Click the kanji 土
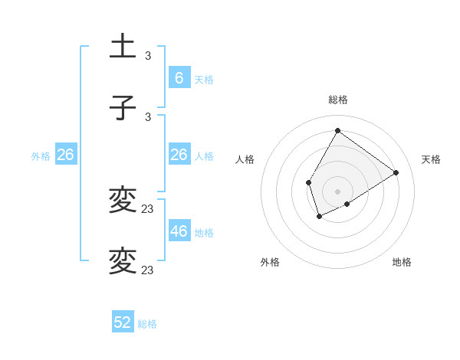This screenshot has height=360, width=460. (x=123, y=47)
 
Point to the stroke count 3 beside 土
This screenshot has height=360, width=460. (x=148, y=56)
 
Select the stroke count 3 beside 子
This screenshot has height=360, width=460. (x=148, y=116)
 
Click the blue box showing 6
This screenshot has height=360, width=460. (x=179, y=77)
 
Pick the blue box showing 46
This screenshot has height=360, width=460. (x=179, y=231)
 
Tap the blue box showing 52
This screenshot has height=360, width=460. (x=123, y=322)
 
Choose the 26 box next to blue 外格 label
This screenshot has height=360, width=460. (x=65, y=155)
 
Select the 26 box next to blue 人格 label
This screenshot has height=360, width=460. (x=179, y=155)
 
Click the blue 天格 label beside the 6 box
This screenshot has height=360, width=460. (x=204, y=79)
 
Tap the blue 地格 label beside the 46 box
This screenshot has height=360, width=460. (x=204, y=232)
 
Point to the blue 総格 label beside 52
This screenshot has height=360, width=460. (x=147, y=324)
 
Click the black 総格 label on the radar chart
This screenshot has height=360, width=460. (x=338, y=100)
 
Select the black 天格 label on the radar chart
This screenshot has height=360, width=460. (x=431, y=159)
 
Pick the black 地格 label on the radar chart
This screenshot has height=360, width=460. (x=402, y=262)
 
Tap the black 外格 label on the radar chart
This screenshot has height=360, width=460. (x=270, y=262)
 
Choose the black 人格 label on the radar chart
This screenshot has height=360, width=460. (x=245, y=159)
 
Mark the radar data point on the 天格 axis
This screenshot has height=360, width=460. (x=396, y=172)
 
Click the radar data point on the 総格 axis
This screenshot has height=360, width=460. (x=337, y=130)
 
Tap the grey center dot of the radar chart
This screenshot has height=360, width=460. (x=337, y=191)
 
